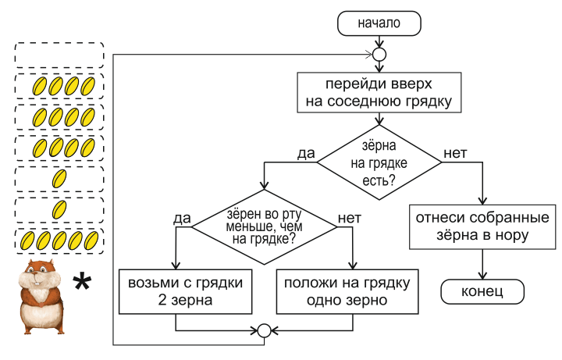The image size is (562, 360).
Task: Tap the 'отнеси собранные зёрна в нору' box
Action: (483, 225)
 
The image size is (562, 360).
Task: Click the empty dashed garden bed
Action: (59, 54)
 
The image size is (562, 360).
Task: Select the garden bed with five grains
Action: (59, 240)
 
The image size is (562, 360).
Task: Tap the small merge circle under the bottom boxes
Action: (264, 331)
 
